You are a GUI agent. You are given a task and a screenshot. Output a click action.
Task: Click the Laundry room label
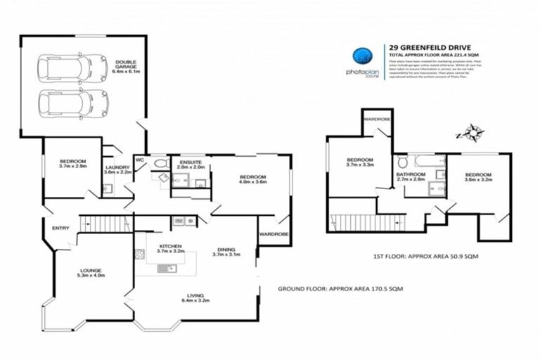[x=117, y=169]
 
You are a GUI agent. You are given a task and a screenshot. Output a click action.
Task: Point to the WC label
[x=139, y=159]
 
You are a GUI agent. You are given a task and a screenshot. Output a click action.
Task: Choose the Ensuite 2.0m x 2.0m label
[x=191, y=165]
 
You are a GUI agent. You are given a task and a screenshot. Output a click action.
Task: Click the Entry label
[x=60, y=227]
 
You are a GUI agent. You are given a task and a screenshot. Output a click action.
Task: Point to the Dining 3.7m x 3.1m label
[x=226, y=251]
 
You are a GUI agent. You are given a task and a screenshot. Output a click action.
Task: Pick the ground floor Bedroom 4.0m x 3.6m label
[x=251, y=179]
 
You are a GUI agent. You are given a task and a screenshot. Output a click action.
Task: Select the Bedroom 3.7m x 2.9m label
[x=72, y=164]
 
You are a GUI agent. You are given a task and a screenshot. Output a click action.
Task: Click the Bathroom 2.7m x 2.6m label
[x=411, y=176]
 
